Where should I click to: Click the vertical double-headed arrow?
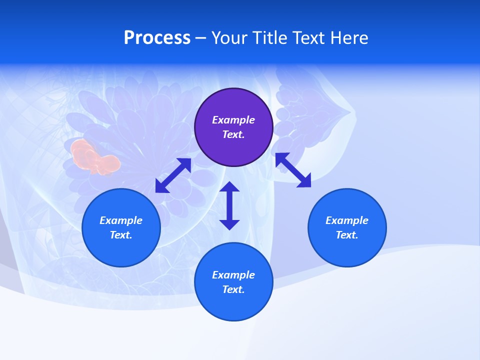pos(229,205)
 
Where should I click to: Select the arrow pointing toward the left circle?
pos(173,175)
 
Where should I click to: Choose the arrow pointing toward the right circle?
pos(293,170)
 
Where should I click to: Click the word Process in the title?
pos(157,38)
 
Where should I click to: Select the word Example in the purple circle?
pos(233,120)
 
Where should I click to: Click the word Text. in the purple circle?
pos(233,134)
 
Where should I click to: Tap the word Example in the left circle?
pos(121,220)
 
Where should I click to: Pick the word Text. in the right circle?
pos(347,235)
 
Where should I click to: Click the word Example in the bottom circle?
pos(233,275)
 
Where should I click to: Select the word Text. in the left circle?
pos(121,235)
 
